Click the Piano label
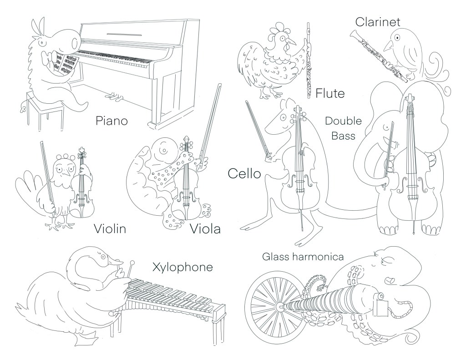point(111,121)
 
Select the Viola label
point(204,228)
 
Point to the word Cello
point(244,173)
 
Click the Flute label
point(329,94)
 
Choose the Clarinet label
point(378,21)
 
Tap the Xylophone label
point(182,267)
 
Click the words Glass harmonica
point(302,257)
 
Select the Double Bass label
point(344,128)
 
